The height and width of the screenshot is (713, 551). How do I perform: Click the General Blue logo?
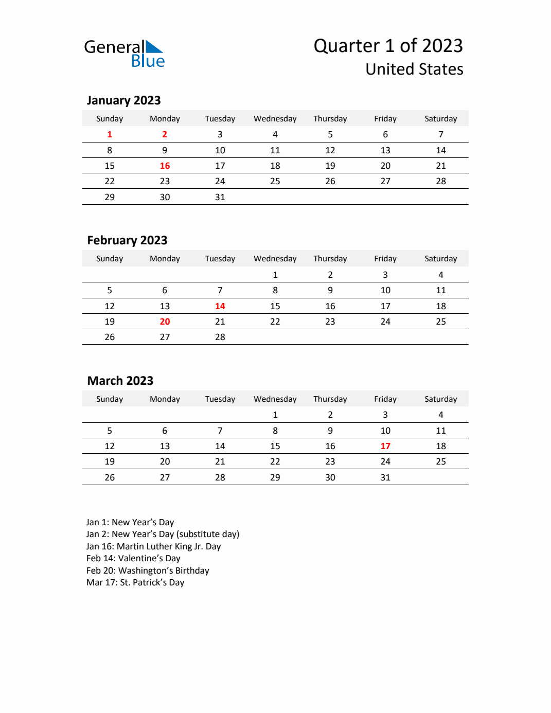pos(124,54)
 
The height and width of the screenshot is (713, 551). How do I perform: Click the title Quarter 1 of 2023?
pos(388,46)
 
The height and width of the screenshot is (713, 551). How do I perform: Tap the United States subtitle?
pos(414,69)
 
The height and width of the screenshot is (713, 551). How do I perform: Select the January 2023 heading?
pos(123,100)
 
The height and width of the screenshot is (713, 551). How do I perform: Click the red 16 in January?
pos(165,166)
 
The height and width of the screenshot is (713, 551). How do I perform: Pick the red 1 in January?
pos(110,134)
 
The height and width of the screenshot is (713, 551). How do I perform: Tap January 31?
pos(220,197)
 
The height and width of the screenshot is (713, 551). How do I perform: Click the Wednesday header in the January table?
pos(275,119)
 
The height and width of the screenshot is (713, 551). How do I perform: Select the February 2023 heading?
pos(127,240)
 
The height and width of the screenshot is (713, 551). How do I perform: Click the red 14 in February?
pos(220,306)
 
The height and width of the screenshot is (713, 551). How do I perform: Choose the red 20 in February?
pos(165,322)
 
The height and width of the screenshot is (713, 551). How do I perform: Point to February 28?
pos(220,337)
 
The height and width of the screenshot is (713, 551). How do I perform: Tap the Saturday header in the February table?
pos(440,259)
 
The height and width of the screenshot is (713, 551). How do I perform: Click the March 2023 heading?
pos(120,381)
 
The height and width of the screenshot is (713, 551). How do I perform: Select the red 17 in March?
pos(385,446)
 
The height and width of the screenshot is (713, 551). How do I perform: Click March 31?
pos(385,477)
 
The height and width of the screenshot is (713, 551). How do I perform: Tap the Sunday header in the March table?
pos(110,399)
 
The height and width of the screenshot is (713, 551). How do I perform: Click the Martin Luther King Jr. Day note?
pos(153,546)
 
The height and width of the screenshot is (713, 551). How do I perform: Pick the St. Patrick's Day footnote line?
pos(135,582)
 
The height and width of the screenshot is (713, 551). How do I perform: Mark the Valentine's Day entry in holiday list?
pos(133,558)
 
